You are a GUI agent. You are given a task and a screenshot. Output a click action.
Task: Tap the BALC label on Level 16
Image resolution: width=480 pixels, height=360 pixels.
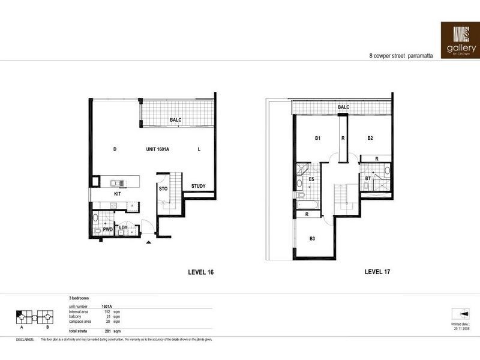(x=175, y=120)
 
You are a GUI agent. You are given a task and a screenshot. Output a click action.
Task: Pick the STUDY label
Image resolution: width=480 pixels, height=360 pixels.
(x=198, y=186)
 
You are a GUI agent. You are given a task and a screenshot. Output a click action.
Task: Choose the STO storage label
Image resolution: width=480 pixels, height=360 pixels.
(x=163, y=189)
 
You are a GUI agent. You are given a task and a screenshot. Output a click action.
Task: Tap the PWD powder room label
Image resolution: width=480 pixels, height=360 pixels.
(x=108, y=229)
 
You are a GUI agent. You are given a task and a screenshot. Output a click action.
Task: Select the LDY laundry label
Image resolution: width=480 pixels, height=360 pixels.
(x=124, y=227)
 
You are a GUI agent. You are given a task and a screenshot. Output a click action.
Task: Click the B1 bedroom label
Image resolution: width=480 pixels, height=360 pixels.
(x=318, y=139)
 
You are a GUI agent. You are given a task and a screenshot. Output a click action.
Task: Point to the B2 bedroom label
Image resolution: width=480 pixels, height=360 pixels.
(x=370, y=139)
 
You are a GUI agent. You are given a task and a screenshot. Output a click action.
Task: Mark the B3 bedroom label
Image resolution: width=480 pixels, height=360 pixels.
(x=312, y=239)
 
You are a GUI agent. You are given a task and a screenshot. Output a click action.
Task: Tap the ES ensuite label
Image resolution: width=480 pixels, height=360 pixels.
(x=312, y=178)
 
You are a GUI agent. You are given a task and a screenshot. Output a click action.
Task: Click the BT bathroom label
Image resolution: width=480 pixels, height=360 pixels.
(x=368, y=178)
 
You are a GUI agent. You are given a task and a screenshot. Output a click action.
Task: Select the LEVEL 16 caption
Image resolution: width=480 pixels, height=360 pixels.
(x=201, y=272)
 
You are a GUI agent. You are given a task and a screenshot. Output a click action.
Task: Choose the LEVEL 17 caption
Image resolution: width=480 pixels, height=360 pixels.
(x=377, y=272)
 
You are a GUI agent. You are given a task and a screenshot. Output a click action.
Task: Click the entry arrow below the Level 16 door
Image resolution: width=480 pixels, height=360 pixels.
(x=148, y=242)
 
